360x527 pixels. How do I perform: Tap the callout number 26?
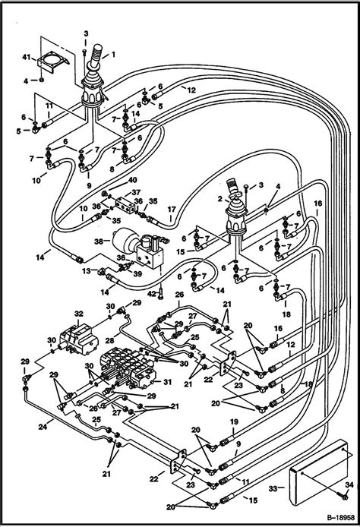pos(180,294)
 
